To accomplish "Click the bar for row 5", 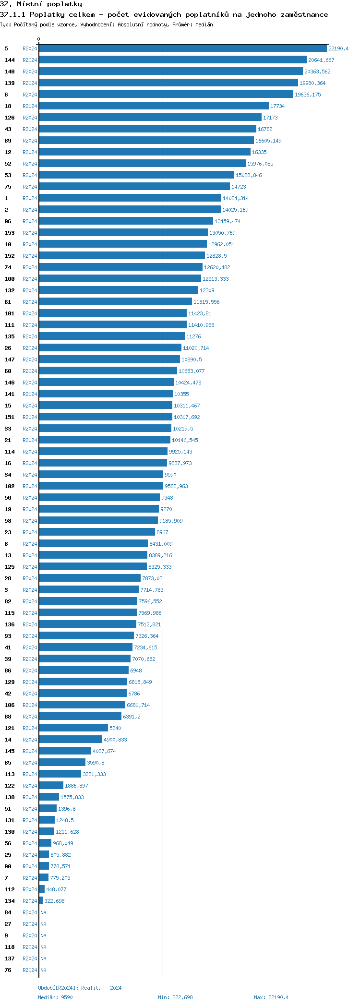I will [x=182, y=48].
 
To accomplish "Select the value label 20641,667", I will [x=321, y=60].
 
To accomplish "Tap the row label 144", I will [x=10, y=60].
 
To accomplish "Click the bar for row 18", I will [x=154, y=106].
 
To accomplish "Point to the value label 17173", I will [x=270, y=118].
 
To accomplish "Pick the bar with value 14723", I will [x=134, y=187].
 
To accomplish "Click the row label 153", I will [x=10, y=233].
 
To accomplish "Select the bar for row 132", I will [x=119, y=290].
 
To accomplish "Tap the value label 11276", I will [x=193, y=336].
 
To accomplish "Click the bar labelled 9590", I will [x=101, y=475].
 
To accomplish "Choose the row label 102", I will [x=10, y=486].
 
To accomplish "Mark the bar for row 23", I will [x=97, y=532].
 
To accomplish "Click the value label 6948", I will [x=136, y=671].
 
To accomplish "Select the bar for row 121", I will [x=73, y=728].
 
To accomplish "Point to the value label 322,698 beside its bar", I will [x=54, y=901].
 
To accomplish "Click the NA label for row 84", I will [x=43, y=912].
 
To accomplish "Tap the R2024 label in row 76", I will [x=30, y=970].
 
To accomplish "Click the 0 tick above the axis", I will [x=39, y=39].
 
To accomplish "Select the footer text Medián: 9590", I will [x=55, y=997].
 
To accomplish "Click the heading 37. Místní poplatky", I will [x=41, y=4].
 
